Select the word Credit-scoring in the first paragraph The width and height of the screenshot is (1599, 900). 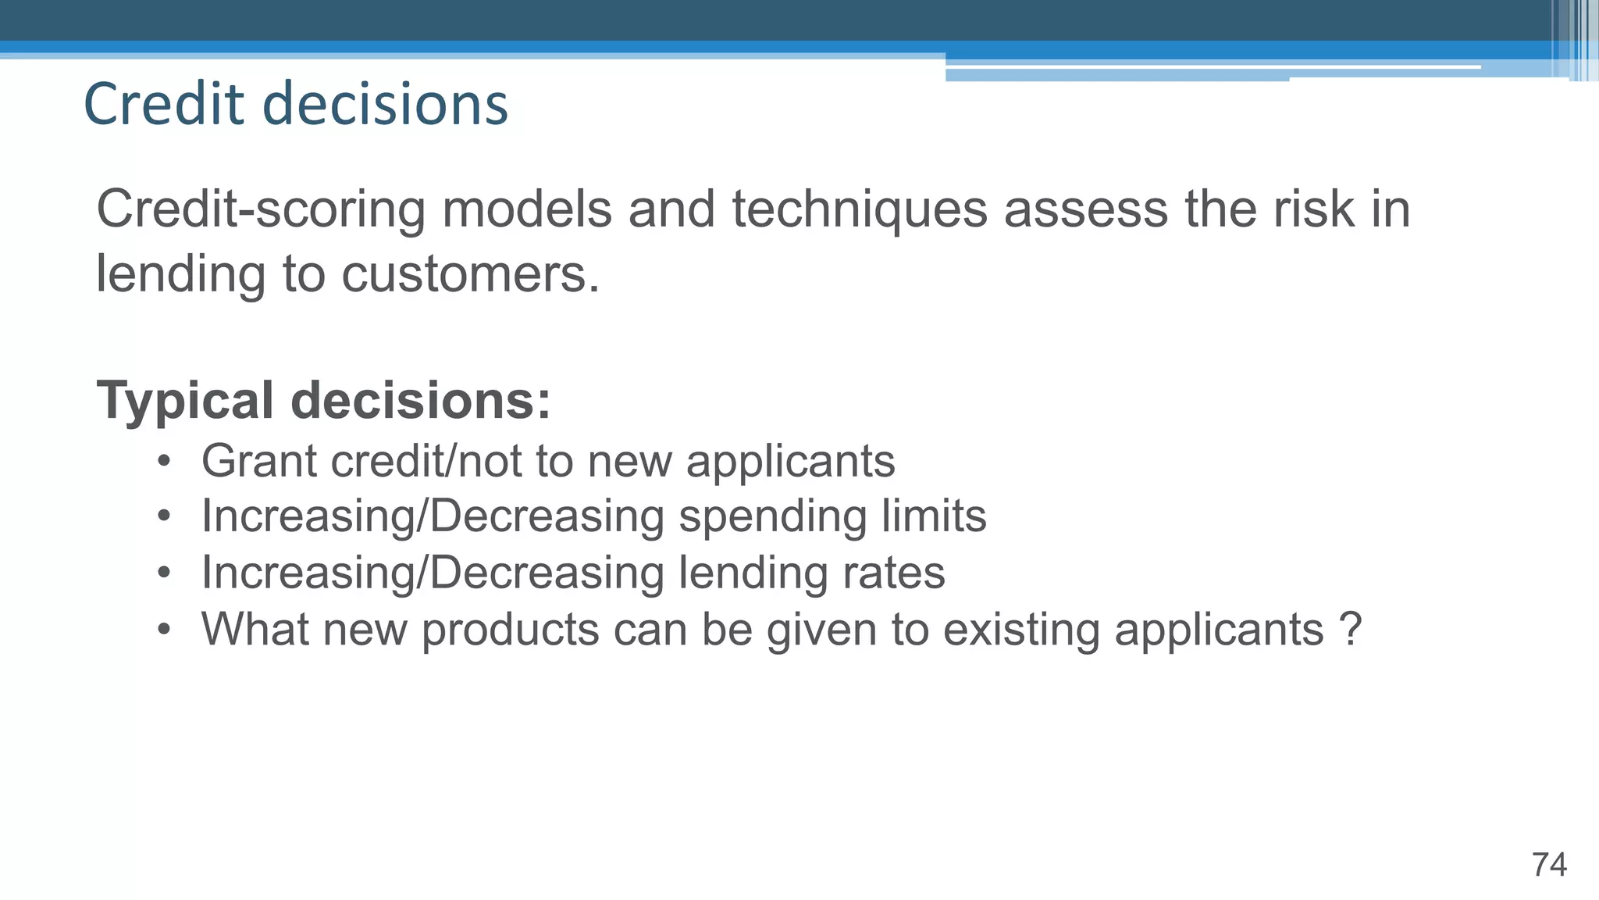pos(261,210)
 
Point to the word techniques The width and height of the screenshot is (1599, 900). pos(860,210)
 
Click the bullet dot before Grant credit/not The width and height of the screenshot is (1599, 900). pos(163,461)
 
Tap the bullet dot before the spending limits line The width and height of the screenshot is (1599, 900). pos(163,516)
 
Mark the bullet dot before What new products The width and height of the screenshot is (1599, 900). pos(163,629)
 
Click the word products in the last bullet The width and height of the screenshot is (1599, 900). pos(510,629)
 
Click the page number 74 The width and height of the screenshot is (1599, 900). pos(1549,865)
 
